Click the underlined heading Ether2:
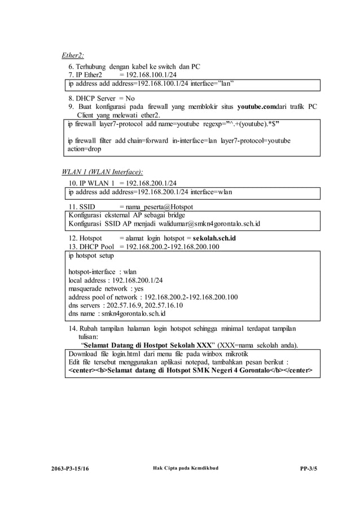73,55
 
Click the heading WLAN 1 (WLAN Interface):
102,172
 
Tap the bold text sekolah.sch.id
214,238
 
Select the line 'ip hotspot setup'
90,256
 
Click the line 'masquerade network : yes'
106,288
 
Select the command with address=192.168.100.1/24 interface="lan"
151,84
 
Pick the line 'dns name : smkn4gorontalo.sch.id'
117,313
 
